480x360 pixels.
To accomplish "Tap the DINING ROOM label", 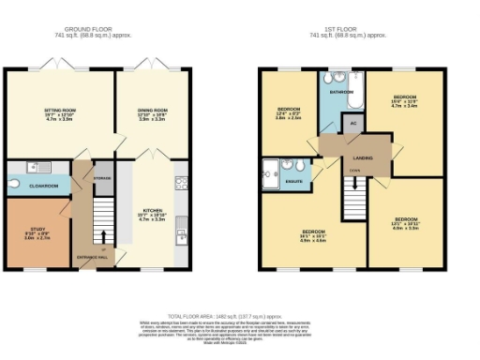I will point(151,111).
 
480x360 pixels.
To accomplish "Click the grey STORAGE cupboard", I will point(102,179).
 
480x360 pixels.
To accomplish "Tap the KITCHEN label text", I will point(152,211).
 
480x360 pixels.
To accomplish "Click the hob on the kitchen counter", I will point(181,182).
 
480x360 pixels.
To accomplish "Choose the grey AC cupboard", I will point(352,124).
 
